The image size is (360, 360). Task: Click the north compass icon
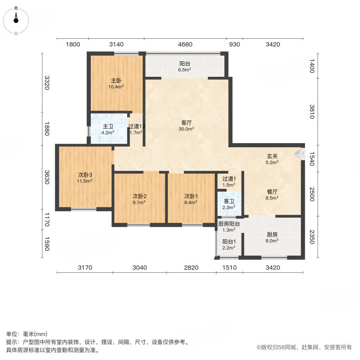(x=16, y=20)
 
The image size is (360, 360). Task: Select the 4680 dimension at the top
(x=185, y=44)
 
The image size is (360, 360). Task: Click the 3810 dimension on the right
(x=312, y=111)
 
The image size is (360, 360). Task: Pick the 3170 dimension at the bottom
(x=85, y=268)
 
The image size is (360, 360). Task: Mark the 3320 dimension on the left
(x=47, y=83)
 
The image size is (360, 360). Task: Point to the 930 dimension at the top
(x=234, y=44)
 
